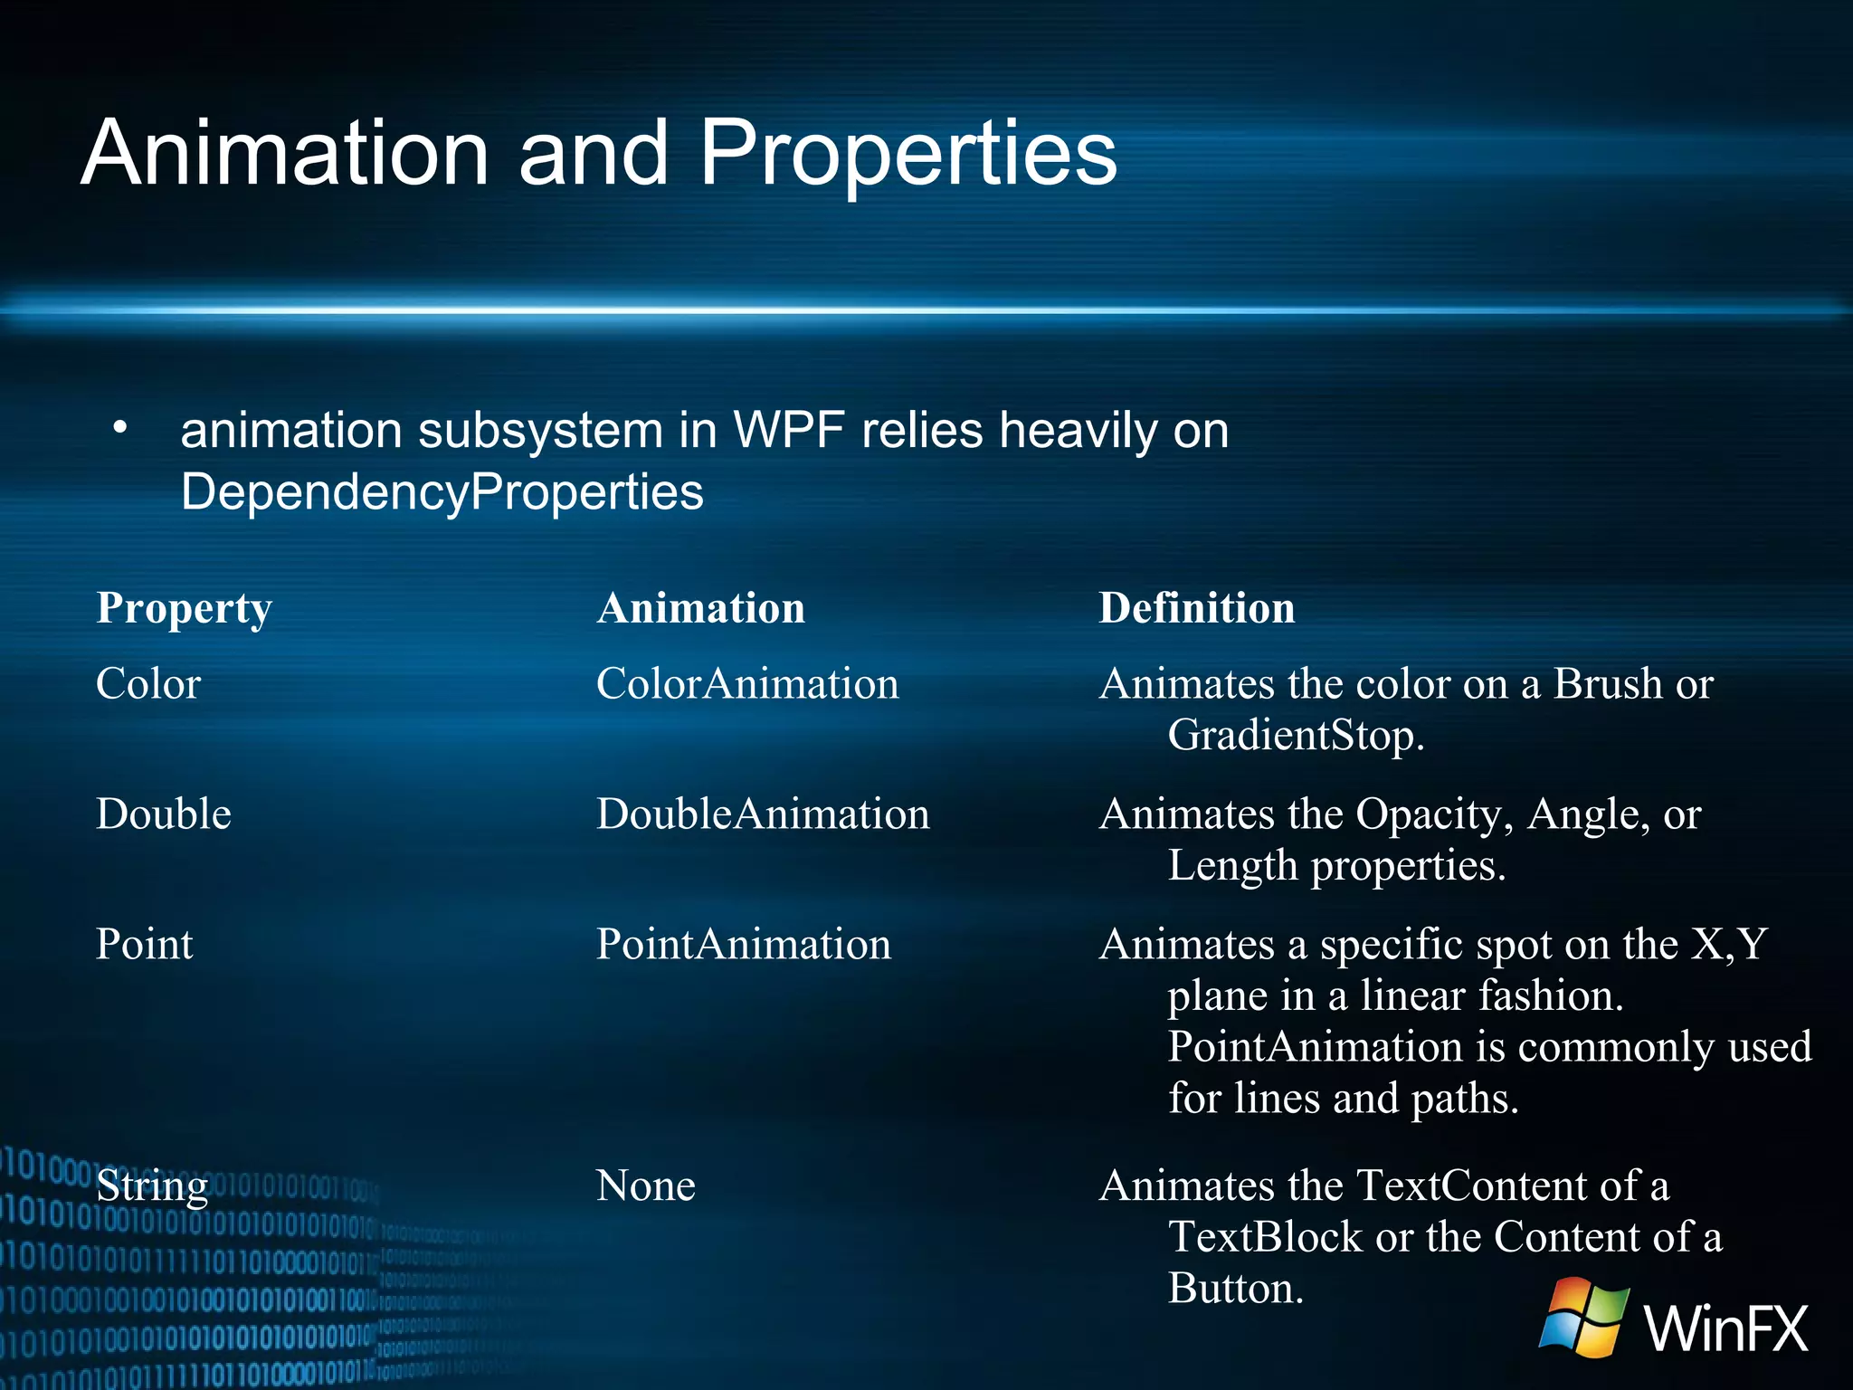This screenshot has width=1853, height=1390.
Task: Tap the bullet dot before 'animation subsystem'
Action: click(x=120, y=427)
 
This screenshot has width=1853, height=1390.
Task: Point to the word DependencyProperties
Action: click(x=442, y=492)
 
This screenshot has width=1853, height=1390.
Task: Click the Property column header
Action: click(x=184, y=608)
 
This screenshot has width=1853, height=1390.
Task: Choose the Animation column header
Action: click(x=700, y=608)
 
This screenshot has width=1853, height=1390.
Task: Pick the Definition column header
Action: click(x=1196, y=608)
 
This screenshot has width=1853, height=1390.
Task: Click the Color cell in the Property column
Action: click(x=148, y=684)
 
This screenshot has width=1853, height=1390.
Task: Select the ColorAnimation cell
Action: click(x=747, y=684)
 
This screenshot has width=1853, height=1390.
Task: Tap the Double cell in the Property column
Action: click(x=164, y=814)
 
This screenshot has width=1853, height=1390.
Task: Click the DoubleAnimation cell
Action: click(x=763, y=814)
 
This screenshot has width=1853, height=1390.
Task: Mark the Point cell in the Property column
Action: click(x=145, y=945)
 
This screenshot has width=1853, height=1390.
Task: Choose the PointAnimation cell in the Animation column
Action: click(x=744, y=945)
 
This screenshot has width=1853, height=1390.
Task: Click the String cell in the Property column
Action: click(x=152, y=1186)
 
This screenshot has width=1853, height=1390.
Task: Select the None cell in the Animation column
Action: click(x=646, y=1186)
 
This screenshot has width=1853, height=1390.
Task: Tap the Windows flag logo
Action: click(x=1584, y=1317)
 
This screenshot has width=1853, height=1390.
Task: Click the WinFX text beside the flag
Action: click(x=1726, y=1328)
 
